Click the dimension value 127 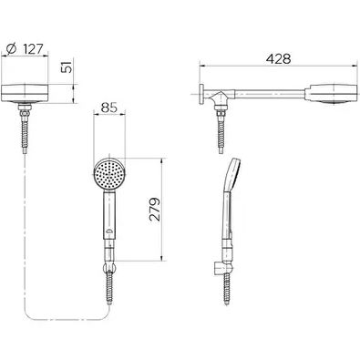(34, 49)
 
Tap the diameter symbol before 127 (11, 48)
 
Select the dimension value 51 (67, 67)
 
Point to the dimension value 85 (108, 108)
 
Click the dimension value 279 (154, 209)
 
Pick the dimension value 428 (278, 59)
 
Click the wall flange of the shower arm (201, 95)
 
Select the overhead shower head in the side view (331, 94)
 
